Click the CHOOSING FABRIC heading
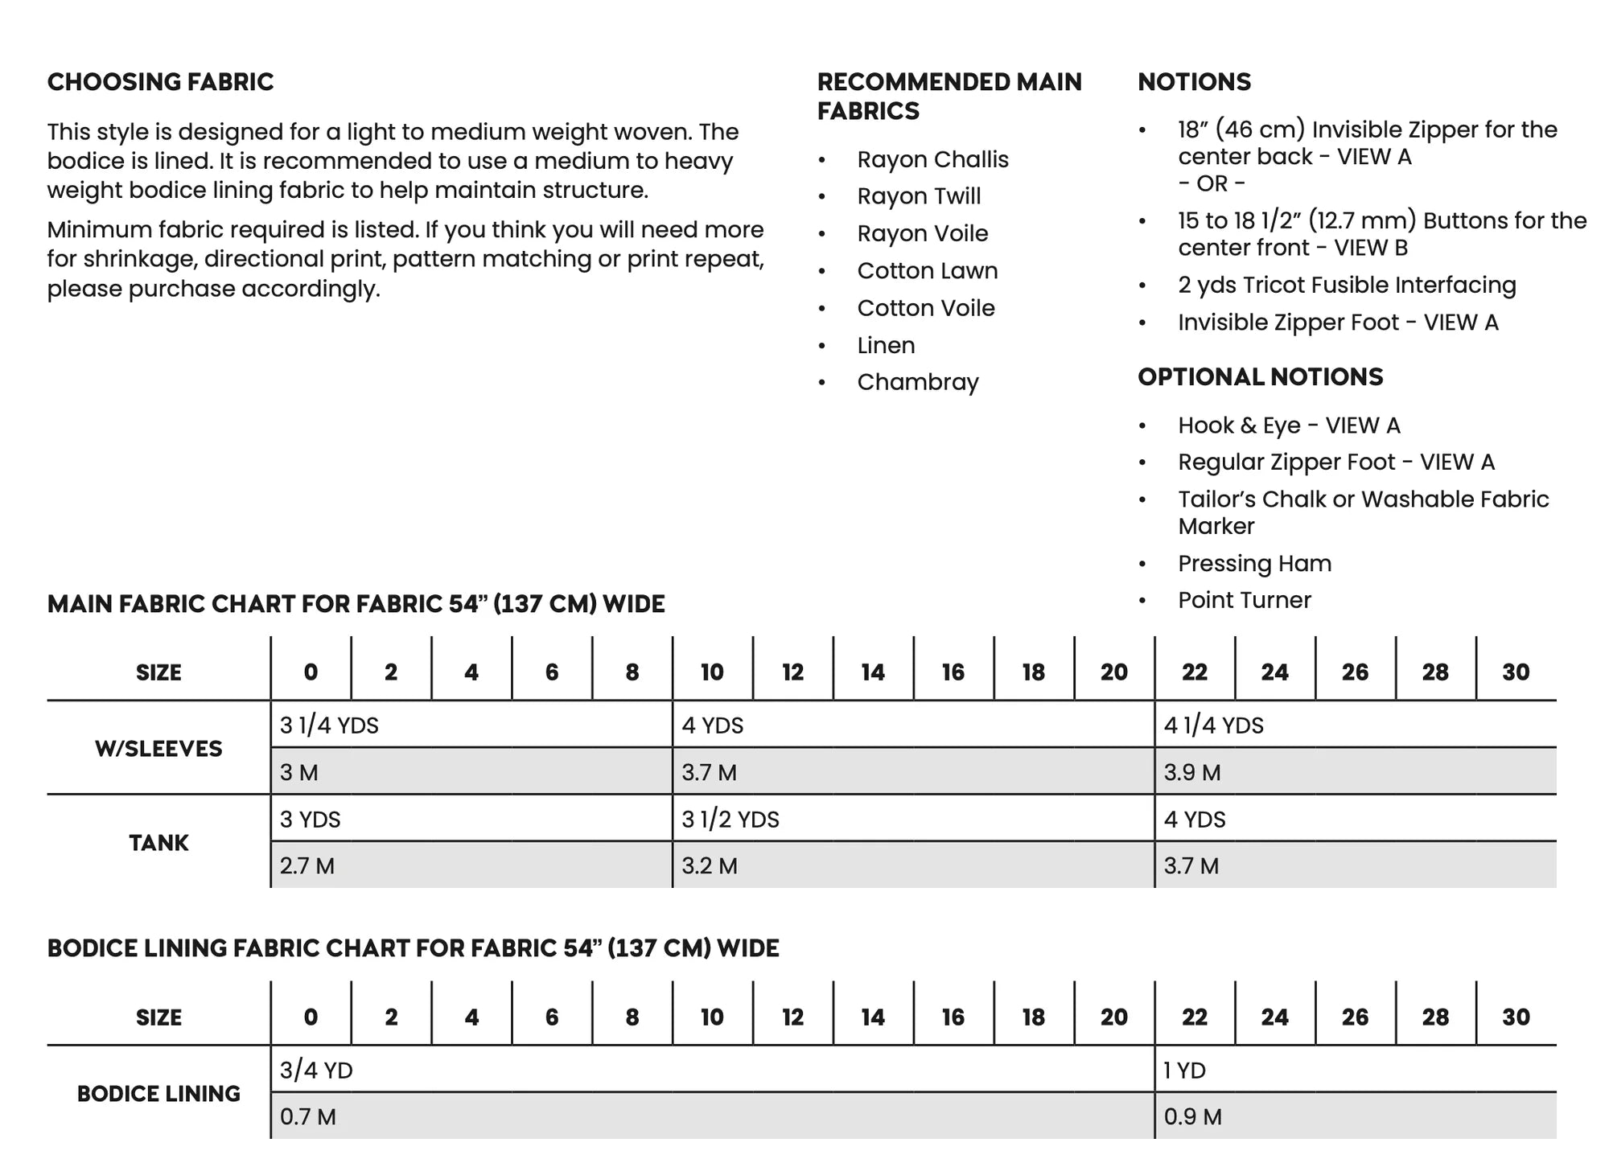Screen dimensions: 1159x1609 pos(160,82)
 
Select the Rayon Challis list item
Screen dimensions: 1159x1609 pos(932,159)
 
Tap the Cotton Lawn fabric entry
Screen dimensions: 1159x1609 pos(927,271)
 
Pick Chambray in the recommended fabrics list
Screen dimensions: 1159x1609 pos(918,382)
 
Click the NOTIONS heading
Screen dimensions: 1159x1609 pos(1194,82)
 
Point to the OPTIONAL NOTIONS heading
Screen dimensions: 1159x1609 pos(1260,377)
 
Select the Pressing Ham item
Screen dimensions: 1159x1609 pos(1254,564)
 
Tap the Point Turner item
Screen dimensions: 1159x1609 pos(1244,601)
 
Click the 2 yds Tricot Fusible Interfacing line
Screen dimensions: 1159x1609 pos(1347,286)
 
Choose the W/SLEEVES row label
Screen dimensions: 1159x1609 pos(158,749)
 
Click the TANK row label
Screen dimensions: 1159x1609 pos(158,843)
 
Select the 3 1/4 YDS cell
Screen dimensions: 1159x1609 pos(329,725)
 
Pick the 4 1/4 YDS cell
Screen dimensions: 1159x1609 pos(1213,725)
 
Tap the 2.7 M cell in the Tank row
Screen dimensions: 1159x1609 pos(307,866)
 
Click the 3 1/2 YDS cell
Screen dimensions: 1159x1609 pos(730,820)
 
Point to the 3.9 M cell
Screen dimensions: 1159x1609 pos(1191,773)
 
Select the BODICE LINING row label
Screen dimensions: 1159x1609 pos(158,1094)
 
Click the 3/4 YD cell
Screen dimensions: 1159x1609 pos(316,1071)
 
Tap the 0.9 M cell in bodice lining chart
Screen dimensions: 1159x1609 pos(1192,1117)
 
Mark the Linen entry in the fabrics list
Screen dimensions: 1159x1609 pos(886,346)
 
